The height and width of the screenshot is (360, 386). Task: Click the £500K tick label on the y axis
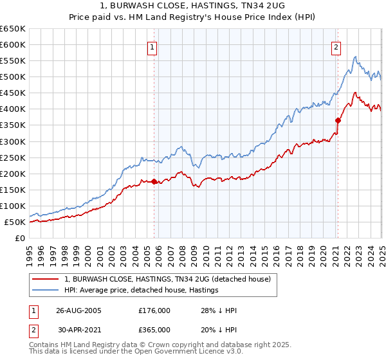click(14, 77)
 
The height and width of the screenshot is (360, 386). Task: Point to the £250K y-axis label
click(14, 157)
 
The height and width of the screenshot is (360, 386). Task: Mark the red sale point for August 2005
click(154, 182)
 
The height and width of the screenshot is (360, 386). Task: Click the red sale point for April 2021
click(338, 120)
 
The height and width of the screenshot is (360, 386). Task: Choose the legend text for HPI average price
click(142, 290)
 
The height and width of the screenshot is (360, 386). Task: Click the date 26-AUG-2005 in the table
click(79, 310)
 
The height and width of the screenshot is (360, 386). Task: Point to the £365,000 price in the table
click(154, 329)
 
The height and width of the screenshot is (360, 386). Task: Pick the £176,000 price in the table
click(154, 310)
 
